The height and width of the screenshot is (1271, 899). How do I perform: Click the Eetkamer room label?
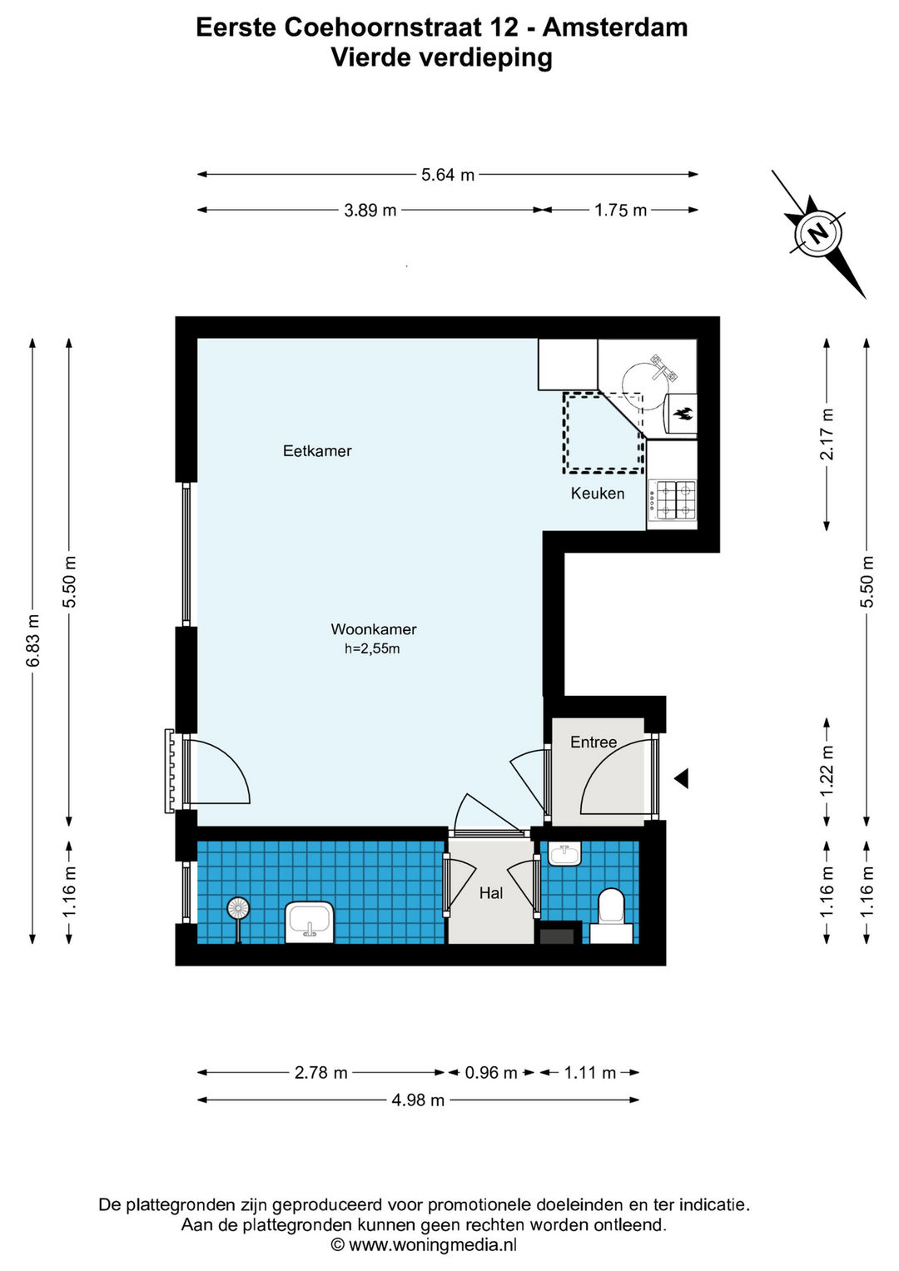(317, 451)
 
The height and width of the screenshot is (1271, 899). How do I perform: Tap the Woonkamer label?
(374, 629)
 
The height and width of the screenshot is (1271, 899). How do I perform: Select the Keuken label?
(597, 494)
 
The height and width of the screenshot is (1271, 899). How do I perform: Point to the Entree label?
(593, 742)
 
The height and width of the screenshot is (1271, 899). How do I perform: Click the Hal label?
(491, 894)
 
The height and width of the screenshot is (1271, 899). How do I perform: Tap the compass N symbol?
(819, 233)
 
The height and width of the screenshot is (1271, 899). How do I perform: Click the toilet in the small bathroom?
(611, 917)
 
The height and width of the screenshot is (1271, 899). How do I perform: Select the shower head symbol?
(238, 910)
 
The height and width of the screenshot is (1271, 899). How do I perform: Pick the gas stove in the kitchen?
(673, 500)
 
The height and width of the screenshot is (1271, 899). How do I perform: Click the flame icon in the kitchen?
(683, 413)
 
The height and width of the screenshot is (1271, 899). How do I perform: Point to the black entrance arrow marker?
(681, 778)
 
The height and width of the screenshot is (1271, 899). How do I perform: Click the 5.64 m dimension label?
(447, 175)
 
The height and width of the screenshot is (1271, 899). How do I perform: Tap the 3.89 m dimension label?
(370, 210)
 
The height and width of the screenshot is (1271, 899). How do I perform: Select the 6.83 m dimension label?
(33, 641)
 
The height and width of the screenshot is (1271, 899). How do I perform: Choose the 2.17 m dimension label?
(827, 434)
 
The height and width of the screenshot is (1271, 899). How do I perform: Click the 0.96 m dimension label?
(491, 1073)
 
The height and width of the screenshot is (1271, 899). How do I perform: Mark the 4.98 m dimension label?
(418, 1100)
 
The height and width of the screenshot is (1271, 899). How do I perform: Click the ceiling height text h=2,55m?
(372, 649)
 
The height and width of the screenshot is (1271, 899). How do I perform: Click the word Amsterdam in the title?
(615, 27)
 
